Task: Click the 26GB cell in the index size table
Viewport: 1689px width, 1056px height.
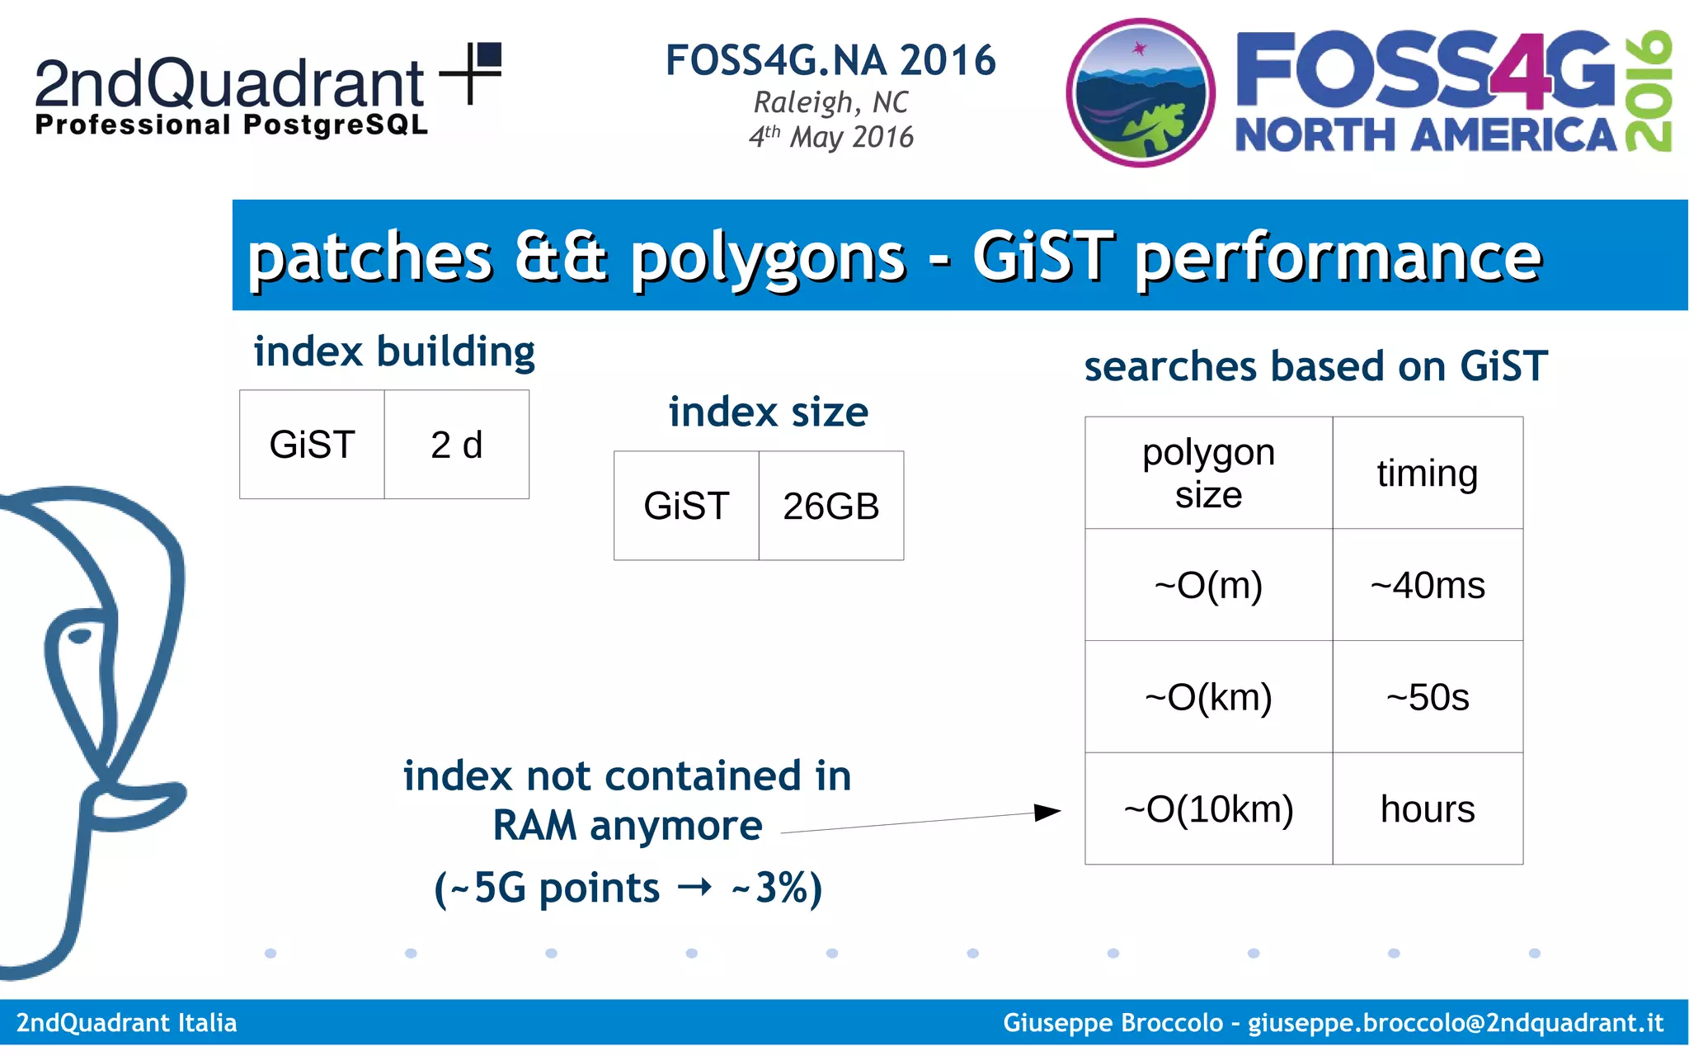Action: (830, 506)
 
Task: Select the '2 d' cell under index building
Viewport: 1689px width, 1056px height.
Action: (456, 445)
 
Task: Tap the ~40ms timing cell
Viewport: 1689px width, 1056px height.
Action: (1428, 585)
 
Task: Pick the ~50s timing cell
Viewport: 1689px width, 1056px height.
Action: (1428, 697)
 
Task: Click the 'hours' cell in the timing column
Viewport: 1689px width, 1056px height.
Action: (1428, 809)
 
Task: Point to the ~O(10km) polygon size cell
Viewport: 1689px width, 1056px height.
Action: (1208, 809)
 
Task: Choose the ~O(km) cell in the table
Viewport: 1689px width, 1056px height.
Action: (1208, 697)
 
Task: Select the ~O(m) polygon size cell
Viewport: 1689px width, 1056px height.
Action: (1208, 585)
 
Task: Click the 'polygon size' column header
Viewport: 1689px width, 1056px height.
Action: (1208, 473)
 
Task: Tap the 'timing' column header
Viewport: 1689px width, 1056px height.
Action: (1428, 473)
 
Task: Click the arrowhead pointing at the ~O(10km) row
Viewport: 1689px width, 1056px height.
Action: (1047, 813)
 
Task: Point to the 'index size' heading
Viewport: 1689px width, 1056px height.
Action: (768, 412)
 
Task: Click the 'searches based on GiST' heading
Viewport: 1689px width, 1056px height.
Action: (1315, 366)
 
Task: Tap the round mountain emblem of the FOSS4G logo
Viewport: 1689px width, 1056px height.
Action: (1140, 92)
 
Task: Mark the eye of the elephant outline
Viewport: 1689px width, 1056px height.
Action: (80, 635)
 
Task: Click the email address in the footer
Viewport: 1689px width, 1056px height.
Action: (1455, 1023)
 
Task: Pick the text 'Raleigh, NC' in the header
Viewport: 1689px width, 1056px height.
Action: (830, 102)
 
